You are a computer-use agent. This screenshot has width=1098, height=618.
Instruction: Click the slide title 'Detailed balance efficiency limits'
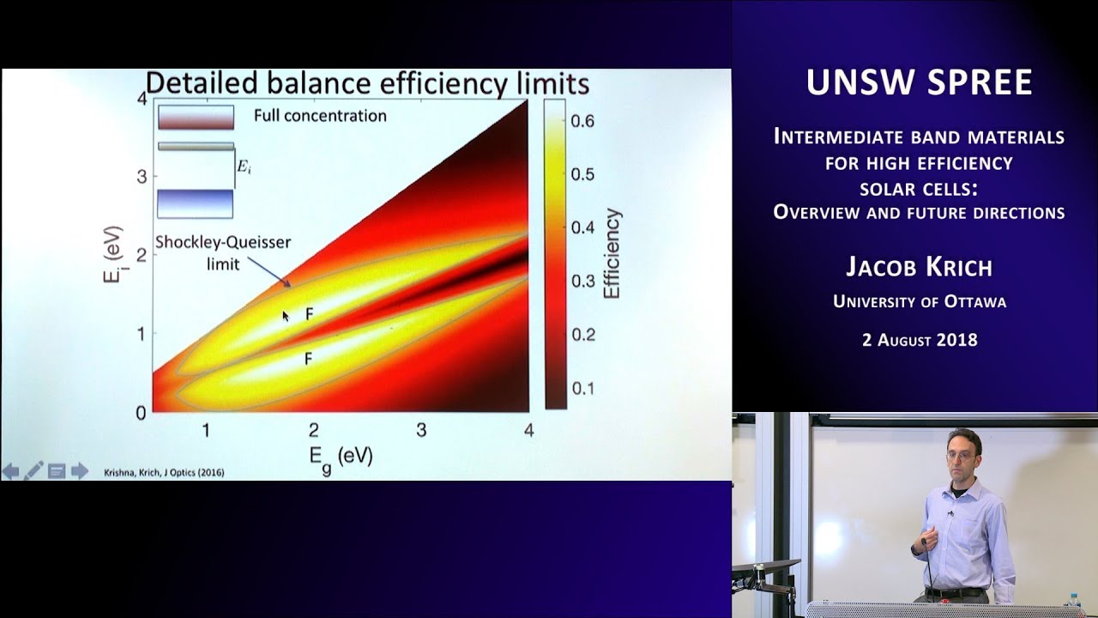[x=367, y=84]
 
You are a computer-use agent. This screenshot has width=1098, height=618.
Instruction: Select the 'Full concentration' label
[x=320, y=115]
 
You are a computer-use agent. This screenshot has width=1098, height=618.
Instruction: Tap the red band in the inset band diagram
[x=196, y=117]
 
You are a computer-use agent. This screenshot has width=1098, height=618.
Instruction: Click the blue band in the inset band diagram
[x=196, y=203]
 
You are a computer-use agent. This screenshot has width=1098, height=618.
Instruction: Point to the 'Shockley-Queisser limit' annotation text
[x=223, y=253]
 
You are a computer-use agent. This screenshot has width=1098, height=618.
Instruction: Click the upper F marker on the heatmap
[x=310, y=315]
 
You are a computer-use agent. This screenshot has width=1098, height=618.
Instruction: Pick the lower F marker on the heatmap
[x=308, y=360]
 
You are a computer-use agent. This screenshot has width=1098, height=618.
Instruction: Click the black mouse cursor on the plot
[x=287, y=316]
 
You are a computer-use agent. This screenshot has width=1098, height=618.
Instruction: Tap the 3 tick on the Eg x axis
[x=421, y=431]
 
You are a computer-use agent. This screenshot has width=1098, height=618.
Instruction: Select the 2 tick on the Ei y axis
[x=140, y=255]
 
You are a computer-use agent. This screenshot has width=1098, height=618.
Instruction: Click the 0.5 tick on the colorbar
[x=583, y=174]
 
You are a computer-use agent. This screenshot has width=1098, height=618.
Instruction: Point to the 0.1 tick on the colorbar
[x=583, y=388]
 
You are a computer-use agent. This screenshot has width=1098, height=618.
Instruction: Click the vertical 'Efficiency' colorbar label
[x=612, y=254]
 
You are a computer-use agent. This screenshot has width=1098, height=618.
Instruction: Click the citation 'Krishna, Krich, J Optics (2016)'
[x=165, y=472]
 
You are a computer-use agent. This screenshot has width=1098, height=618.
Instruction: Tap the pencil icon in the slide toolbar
[x=33, y=470]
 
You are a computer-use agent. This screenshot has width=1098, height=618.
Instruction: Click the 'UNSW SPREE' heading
[x=919, y=83]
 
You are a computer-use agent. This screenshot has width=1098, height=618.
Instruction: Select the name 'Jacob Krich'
[x=919, y=267]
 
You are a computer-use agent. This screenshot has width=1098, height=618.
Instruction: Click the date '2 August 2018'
[x=919, y=340]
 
